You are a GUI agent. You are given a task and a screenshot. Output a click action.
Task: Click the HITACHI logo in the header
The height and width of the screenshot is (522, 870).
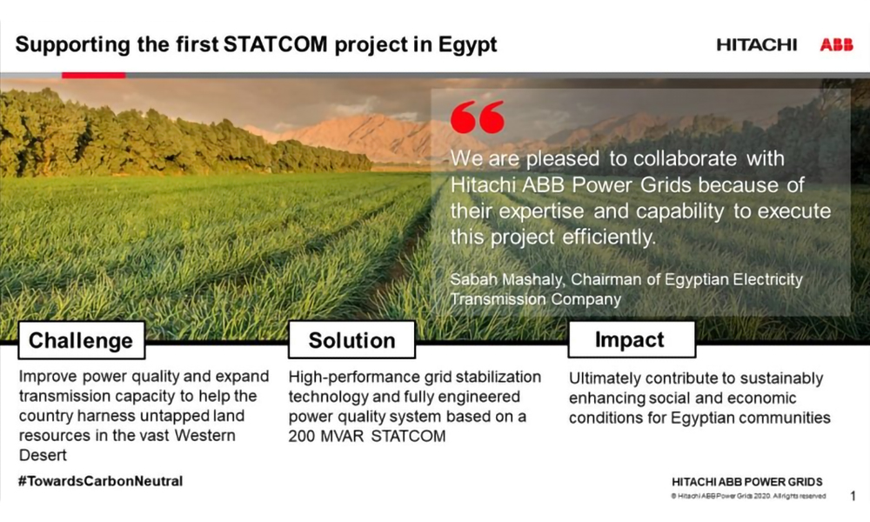click(x=756, y=45)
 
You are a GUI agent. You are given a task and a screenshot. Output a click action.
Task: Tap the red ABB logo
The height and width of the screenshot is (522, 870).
click(x=837, y=45)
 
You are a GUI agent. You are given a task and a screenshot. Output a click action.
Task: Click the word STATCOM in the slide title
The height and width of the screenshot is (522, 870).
click(x=275, y=44)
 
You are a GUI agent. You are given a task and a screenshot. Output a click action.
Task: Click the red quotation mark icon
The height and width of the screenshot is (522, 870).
click(x=478, y=117)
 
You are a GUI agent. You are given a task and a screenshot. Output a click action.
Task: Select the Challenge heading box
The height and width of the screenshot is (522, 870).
click(x=82, y=340)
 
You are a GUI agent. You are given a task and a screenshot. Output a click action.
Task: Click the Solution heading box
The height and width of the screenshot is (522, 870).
click(x=351, y=340)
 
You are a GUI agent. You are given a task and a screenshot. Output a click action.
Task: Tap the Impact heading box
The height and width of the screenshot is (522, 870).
click(x=632, y=339)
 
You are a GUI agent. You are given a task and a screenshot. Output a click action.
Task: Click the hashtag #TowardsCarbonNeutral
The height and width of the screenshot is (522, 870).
click(x=100, y=481)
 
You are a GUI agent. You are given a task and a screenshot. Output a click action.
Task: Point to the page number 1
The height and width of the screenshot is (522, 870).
click(x=853, y=495)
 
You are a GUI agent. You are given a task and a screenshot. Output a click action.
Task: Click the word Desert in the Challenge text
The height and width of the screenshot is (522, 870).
click(x=43, y=455)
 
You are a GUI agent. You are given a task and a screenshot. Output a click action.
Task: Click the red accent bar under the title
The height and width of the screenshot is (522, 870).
click(x=94, y=75)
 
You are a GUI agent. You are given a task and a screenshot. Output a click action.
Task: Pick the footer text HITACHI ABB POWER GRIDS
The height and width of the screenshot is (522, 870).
click(x=746, y=481)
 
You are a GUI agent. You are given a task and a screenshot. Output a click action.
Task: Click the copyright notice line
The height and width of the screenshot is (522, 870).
click(x=748, y=496)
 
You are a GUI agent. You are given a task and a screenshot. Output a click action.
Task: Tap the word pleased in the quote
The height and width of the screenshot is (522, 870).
click(x=563, y=159)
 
